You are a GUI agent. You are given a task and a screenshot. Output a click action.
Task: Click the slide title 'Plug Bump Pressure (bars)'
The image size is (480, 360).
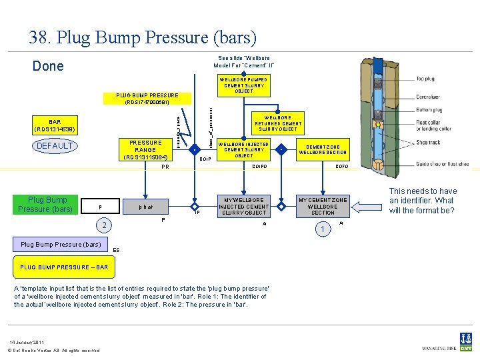[142, 37]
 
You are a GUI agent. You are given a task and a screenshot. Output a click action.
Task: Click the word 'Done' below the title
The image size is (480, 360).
[49, 66]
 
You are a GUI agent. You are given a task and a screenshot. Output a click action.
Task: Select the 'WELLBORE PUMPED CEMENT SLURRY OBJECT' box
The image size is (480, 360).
[243, 85]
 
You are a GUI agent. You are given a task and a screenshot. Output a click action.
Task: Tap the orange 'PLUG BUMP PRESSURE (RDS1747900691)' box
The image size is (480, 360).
[147, 99]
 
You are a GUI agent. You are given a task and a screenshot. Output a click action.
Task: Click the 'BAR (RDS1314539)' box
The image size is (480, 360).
[55, 125]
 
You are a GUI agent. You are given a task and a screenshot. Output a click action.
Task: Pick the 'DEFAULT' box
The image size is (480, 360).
[55, 146]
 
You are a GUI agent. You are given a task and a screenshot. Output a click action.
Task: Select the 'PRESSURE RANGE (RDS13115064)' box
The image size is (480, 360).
[145, 150]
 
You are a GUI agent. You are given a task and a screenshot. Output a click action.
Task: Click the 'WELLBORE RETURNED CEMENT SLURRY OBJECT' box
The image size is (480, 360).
[278, 123]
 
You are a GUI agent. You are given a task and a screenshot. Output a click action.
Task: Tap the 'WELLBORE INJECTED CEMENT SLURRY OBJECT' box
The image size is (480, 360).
[244, 150]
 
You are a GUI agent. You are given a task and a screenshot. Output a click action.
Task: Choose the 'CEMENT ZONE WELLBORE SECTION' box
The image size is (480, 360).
[323, 149]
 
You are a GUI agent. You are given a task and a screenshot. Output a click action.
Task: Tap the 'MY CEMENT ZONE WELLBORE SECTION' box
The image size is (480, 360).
[323, 207]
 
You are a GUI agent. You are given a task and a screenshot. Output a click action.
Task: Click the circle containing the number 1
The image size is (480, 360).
[323, 230]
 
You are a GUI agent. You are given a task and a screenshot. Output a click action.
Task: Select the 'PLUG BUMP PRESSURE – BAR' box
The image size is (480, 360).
[65, 267]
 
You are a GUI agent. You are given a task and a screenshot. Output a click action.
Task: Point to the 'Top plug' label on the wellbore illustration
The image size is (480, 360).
[425, 79]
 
